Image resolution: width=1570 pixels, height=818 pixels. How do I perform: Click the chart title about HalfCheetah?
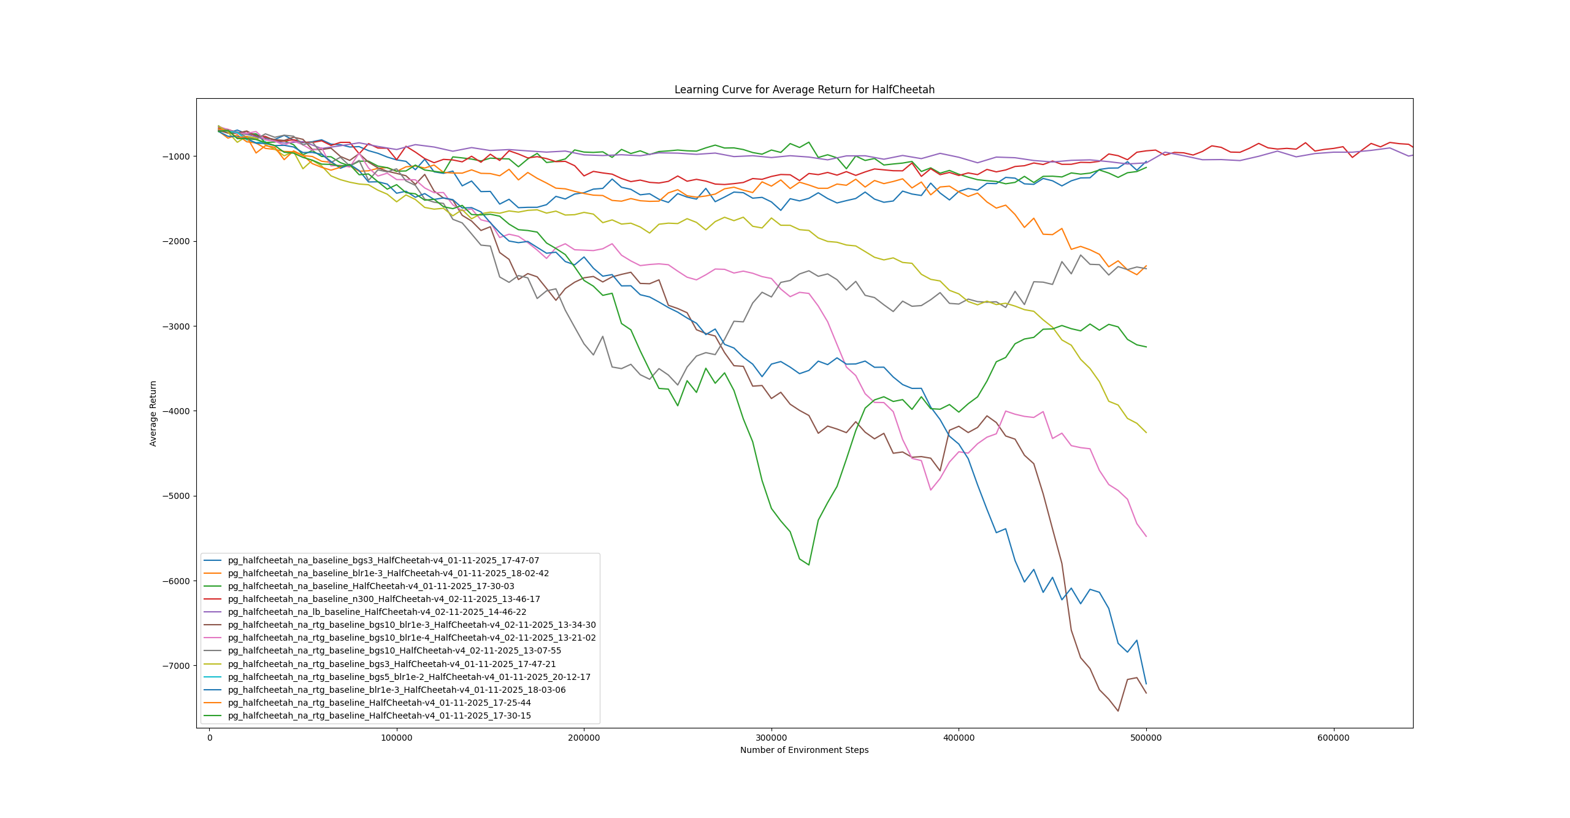click(x=804, y=90)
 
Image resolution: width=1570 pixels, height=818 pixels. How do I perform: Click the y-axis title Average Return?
click(x=153, y=413)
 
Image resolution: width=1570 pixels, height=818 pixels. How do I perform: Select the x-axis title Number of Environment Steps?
click(x=804, y=750)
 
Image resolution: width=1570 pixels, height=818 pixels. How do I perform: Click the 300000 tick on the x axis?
click(x=771, y=738)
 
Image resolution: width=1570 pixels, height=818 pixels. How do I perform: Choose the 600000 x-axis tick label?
click(x=1333, y=738)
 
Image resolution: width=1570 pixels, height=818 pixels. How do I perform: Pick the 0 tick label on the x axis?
click(x=210, y=738)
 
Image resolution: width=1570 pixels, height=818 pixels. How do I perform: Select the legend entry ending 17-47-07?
click(x=383, y=560)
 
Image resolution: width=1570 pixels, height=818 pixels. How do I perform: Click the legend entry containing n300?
click(x=384, y=599)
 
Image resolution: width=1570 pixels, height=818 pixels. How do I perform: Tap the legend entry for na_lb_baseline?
click(x=377, y=612)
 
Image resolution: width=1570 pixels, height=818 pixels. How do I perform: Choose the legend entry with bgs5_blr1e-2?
click(x=409, y=677)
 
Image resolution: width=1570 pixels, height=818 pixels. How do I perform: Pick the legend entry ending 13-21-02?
click(x=412, y=638)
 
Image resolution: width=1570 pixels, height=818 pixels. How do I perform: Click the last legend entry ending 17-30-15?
click(x=379, y=716)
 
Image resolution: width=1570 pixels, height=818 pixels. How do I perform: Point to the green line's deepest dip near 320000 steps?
click(x=809, y=565)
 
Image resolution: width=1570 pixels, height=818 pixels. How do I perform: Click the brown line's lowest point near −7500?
click(x=1118, y=711)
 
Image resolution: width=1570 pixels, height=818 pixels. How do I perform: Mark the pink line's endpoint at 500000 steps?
click(x=1146, y=536)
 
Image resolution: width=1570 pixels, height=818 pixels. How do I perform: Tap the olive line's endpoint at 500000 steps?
click(x=1146, y=433)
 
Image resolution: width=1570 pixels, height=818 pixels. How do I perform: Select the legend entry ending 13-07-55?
click(x=394, y=650)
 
